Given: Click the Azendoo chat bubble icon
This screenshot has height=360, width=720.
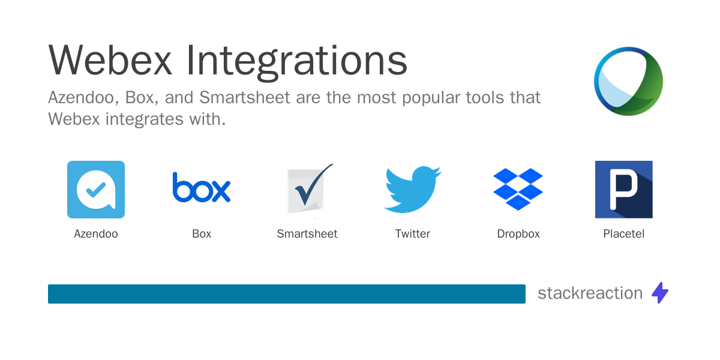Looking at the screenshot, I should click(96, 189).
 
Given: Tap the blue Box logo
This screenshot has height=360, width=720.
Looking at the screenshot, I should click(202, 187).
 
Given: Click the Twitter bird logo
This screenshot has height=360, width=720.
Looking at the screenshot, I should click(412, 189).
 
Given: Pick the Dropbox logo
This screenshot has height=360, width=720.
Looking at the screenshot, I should click(518, 189).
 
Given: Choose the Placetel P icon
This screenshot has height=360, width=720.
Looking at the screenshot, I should click(623, 189).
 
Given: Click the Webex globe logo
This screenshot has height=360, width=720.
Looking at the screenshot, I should click(628, 81).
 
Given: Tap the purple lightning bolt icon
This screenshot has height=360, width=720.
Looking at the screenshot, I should click(660, 293).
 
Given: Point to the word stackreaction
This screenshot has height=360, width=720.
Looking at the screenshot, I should click(590, 293).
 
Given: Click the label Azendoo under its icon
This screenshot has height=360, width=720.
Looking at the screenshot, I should click(96, 234).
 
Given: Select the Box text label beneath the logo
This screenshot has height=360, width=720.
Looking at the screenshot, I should click(202, 234).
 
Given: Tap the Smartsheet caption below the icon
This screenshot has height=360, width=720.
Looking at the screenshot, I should click(307, 234).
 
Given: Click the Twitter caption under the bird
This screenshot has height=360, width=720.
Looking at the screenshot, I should click(413, 234).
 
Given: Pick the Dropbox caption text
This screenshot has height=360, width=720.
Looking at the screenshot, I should click(518, 234).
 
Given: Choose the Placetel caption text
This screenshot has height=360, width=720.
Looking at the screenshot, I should click(623, 234).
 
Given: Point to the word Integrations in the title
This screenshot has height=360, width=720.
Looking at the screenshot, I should click(296, 60).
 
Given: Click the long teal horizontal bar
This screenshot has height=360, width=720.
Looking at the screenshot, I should click(287, 294).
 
